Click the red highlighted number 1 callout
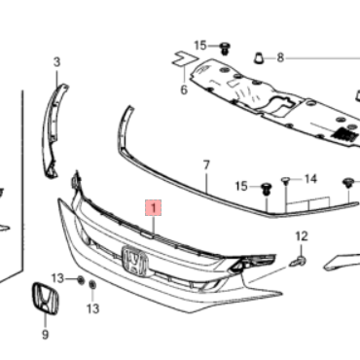point(154,208)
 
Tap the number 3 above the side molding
point(56,62)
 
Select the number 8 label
point(280,58)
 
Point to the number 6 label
point(184,90)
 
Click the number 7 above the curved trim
point(206,165)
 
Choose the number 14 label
point(310,179)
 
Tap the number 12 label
point(302,236)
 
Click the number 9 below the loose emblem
point(45,334)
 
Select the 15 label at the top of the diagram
point(200,46)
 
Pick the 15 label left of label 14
point(241,186)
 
